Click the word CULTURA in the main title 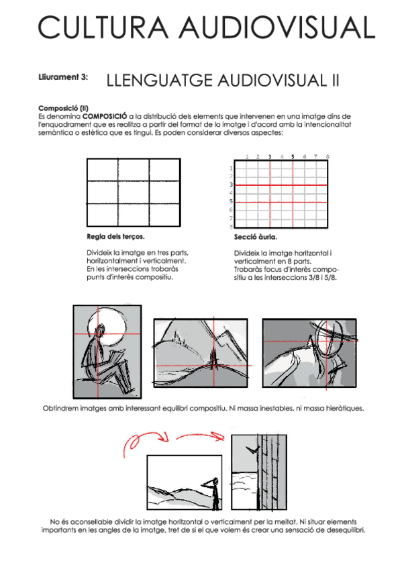[103, 28]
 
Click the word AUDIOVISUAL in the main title [277, 28]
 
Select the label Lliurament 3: [63, 77]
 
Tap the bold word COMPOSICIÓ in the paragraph [105, 117]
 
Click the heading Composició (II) [63, 108]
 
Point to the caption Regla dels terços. [115, 237]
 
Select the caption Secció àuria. [256, 237]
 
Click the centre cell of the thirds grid [134, 193]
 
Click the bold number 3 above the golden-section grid [270, 157]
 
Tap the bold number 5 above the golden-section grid [293, 157]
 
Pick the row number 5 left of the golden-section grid [231, 201]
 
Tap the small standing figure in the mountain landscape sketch [213, 357]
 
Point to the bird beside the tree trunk [252, 450]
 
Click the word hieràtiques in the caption [344, 409]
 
